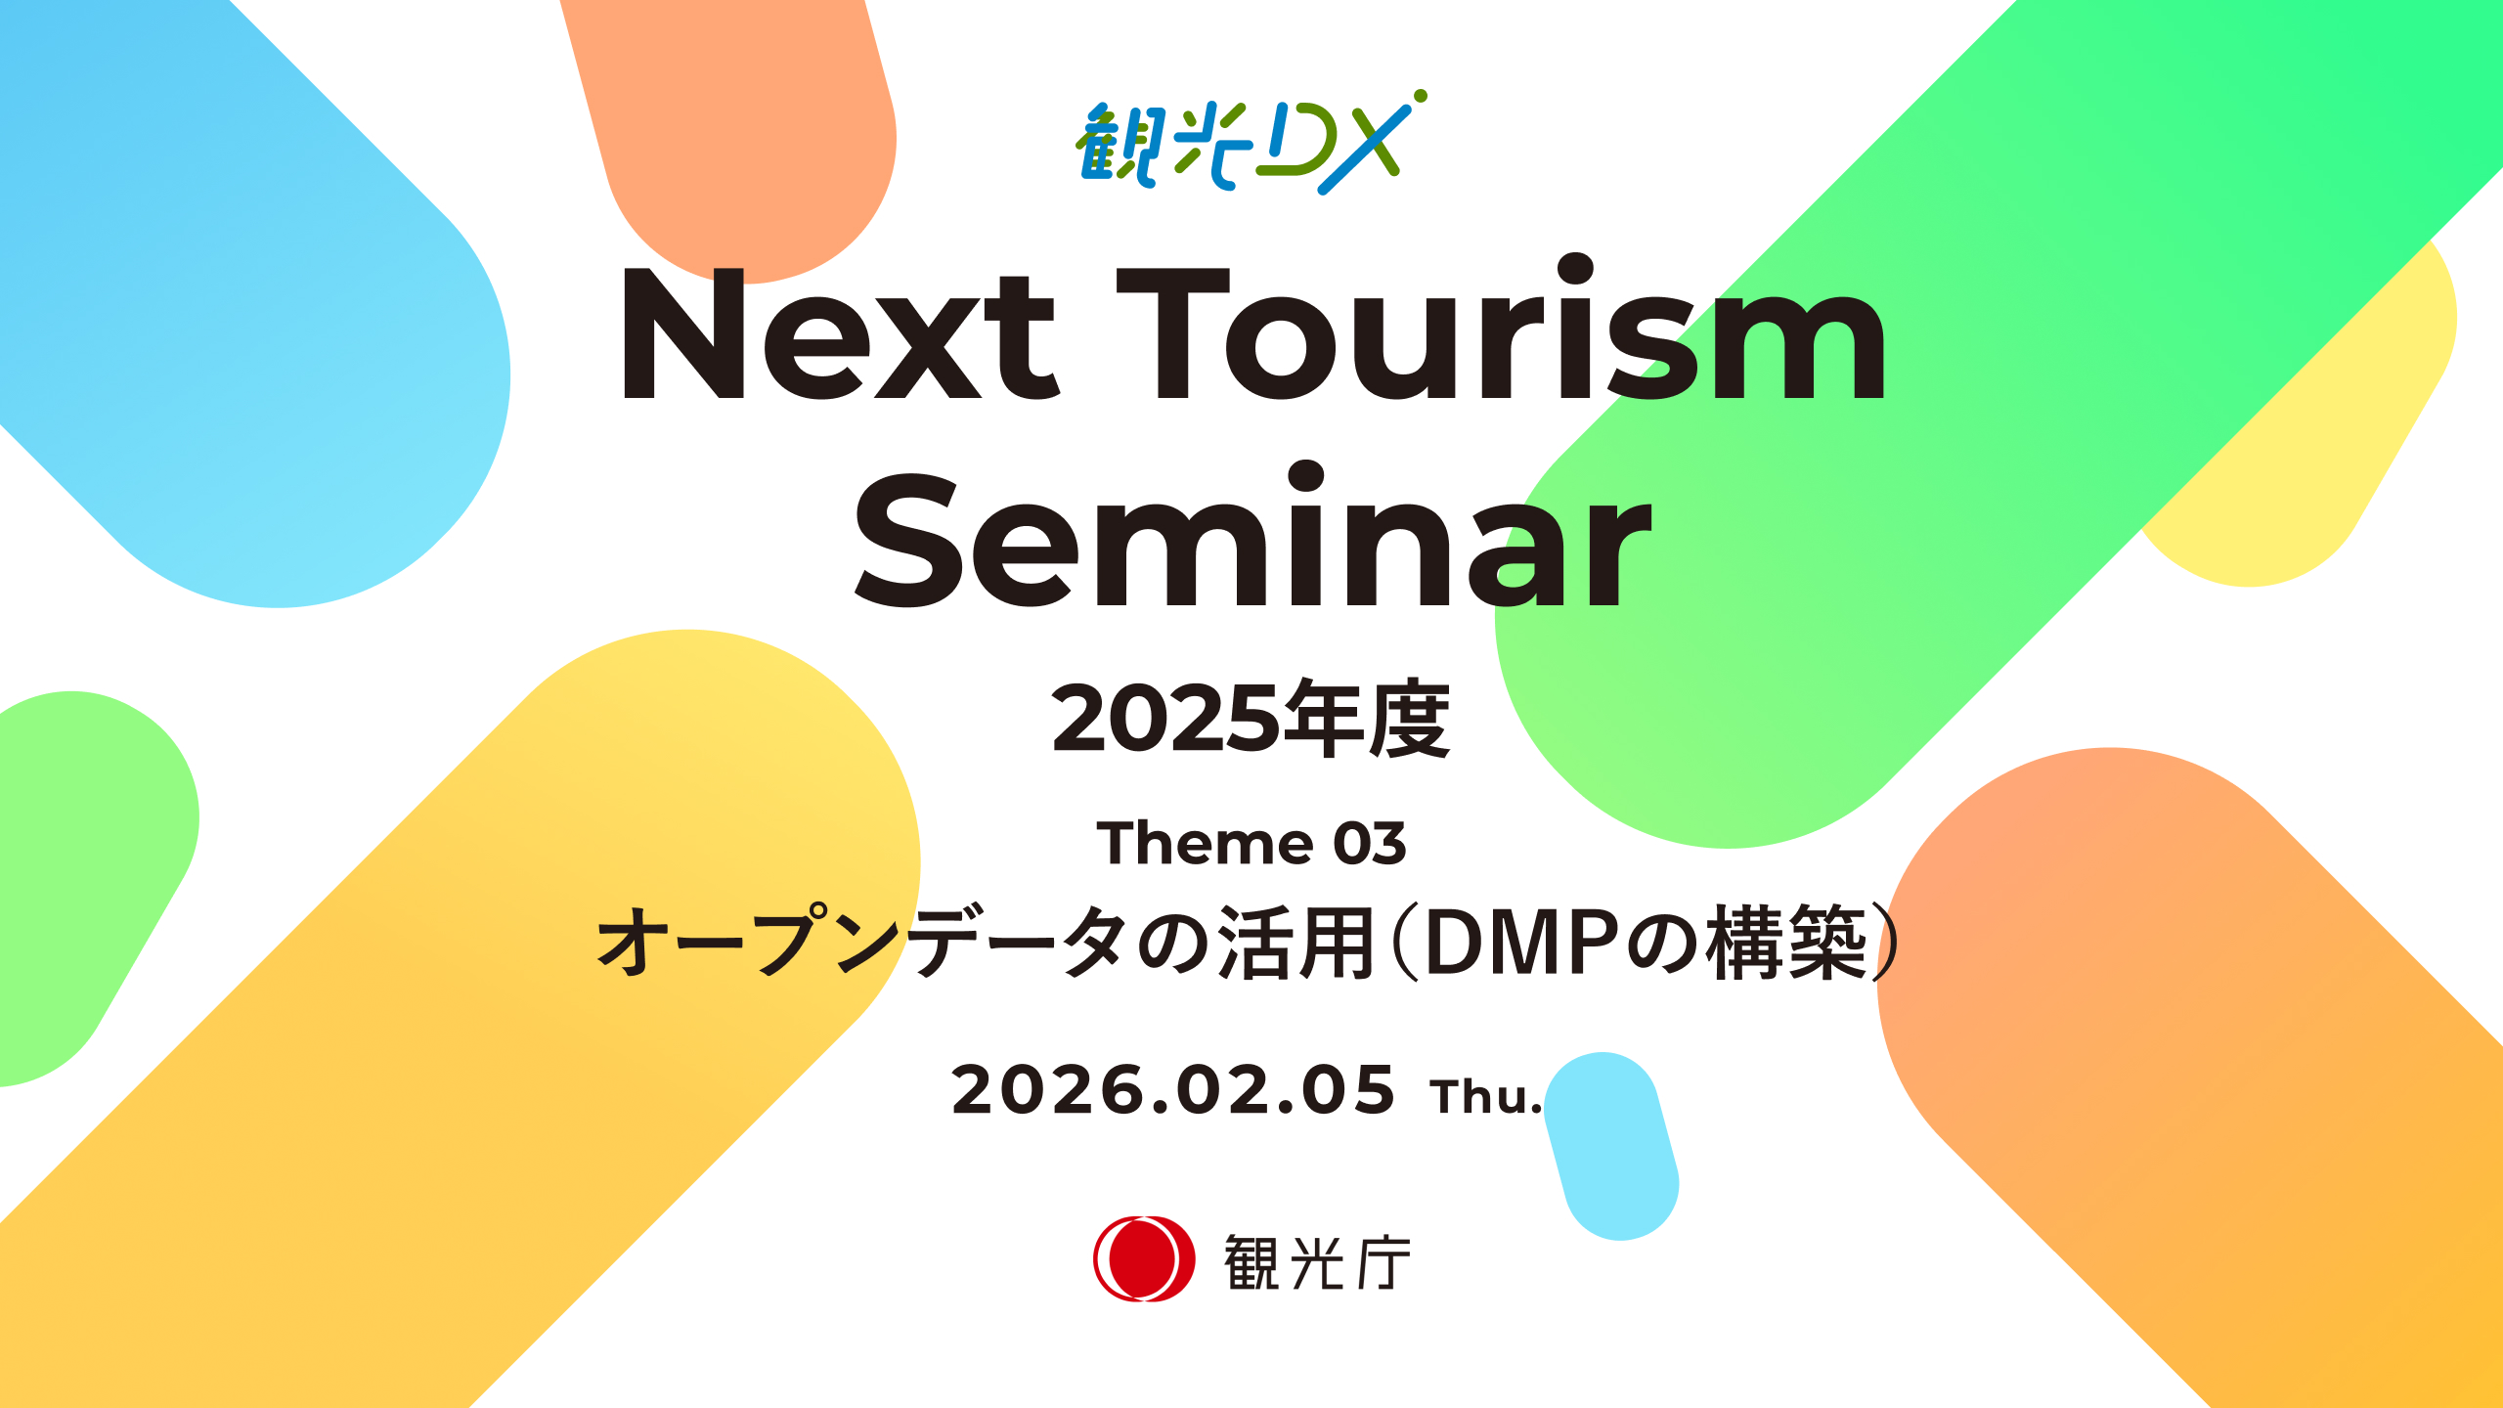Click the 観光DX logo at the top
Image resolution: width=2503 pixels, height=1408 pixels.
(x=1251, y=143)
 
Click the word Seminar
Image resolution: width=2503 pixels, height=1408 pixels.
(x=1253, y=534)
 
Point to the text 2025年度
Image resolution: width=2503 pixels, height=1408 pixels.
(x=1251, y=719)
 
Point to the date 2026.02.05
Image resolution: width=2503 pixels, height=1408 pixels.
(x=1173, y=1090)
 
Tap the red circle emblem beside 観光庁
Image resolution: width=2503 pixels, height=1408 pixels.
(x=1144, y=1258)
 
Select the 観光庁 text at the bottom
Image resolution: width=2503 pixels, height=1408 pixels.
(x=1317, y=1262)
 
